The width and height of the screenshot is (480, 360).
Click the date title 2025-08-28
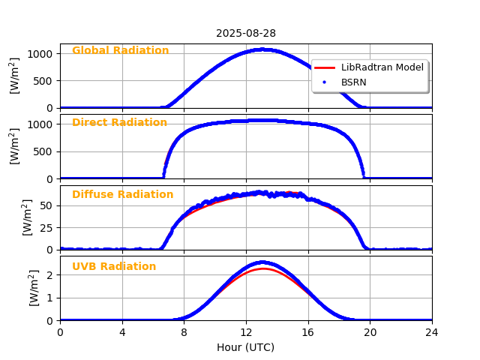coord(246,33)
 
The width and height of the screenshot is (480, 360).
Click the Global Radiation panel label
coord(120,50)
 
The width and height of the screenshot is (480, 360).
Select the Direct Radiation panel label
coord(119,122)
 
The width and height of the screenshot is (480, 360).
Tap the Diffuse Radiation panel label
coord(122,194)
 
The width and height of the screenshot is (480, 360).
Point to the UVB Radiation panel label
coord(114,266)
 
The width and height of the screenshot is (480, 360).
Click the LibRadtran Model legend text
coord(382,67)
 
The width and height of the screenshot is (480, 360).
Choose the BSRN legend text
coord(353,82)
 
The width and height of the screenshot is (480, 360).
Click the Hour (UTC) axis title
coord(246,347)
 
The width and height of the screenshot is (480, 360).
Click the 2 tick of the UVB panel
coord(50,274)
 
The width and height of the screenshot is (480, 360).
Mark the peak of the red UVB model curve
coord(264,268)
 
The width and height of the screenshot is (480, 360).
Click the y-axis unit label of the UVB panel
coord(34,288)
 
